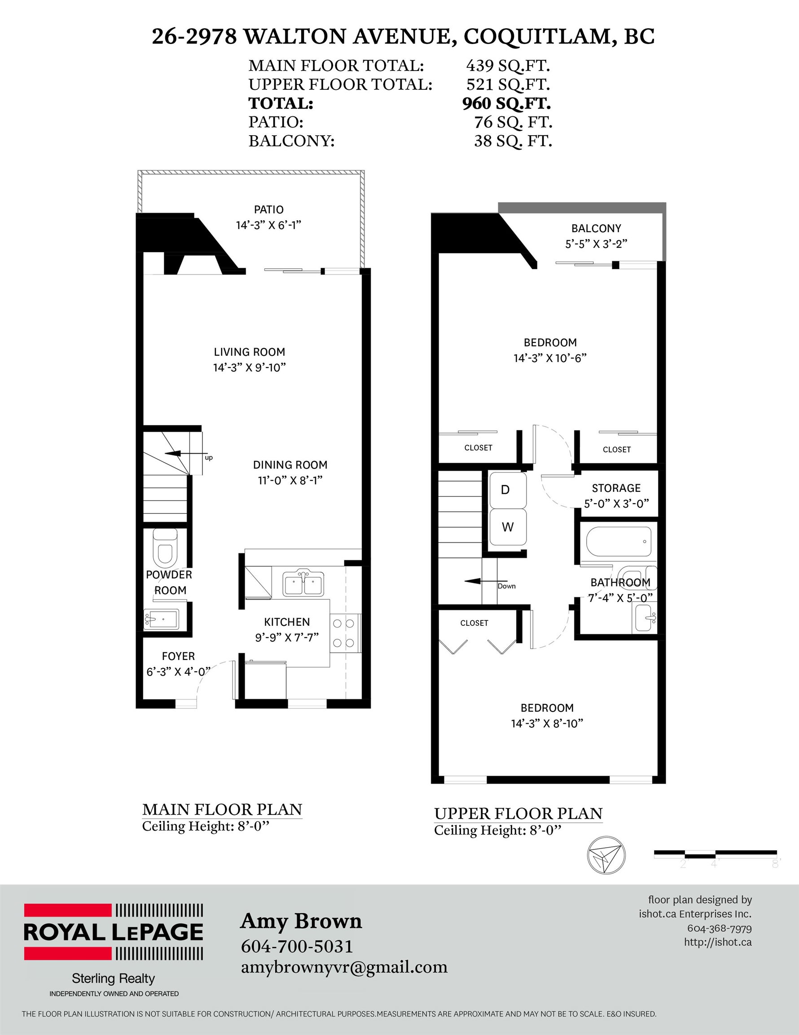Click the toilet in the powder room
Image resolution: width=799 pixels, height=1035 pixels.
[x=165, y=548]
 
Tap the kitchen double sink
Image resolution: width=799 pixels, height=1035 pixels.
[x=303, y=583]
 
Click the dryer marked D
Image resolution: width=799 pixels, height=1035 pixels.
[x=507, y=490]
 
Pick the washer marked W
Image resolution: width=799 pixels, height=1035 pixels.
[x=507, y=527]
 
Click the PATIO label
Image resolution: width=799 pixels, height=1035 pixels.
[x=268, y=209]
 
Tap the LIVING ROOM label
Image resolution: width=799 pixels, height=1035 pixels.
[x=249, y=352]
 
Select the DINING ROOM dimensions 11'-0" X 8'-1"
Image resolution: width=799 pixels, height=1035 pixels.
[x=290, y=481]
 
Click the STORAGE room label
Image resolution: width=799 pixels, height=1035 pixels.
[x=616, y=488]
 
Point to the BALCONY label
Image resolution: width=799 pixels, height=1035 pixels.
[x=596, y=228]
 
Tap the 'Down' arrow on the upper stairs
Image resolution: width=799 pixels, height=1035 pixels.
[x=480, y=581]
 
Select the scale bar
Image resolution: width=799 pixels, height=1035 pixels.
[x=715, y=854]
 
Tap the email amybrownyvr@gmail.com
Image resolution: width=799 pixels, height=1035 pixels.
[x=344, y=967]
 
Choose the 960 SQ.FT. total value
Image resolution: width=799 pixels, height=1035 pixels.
[x=506, y=103]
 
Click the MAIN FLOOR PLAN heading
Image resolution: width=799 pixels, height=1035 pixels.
[x=222, y=809]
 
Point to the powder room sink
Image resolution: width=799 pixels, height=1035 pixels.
[x=161, y=619]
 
